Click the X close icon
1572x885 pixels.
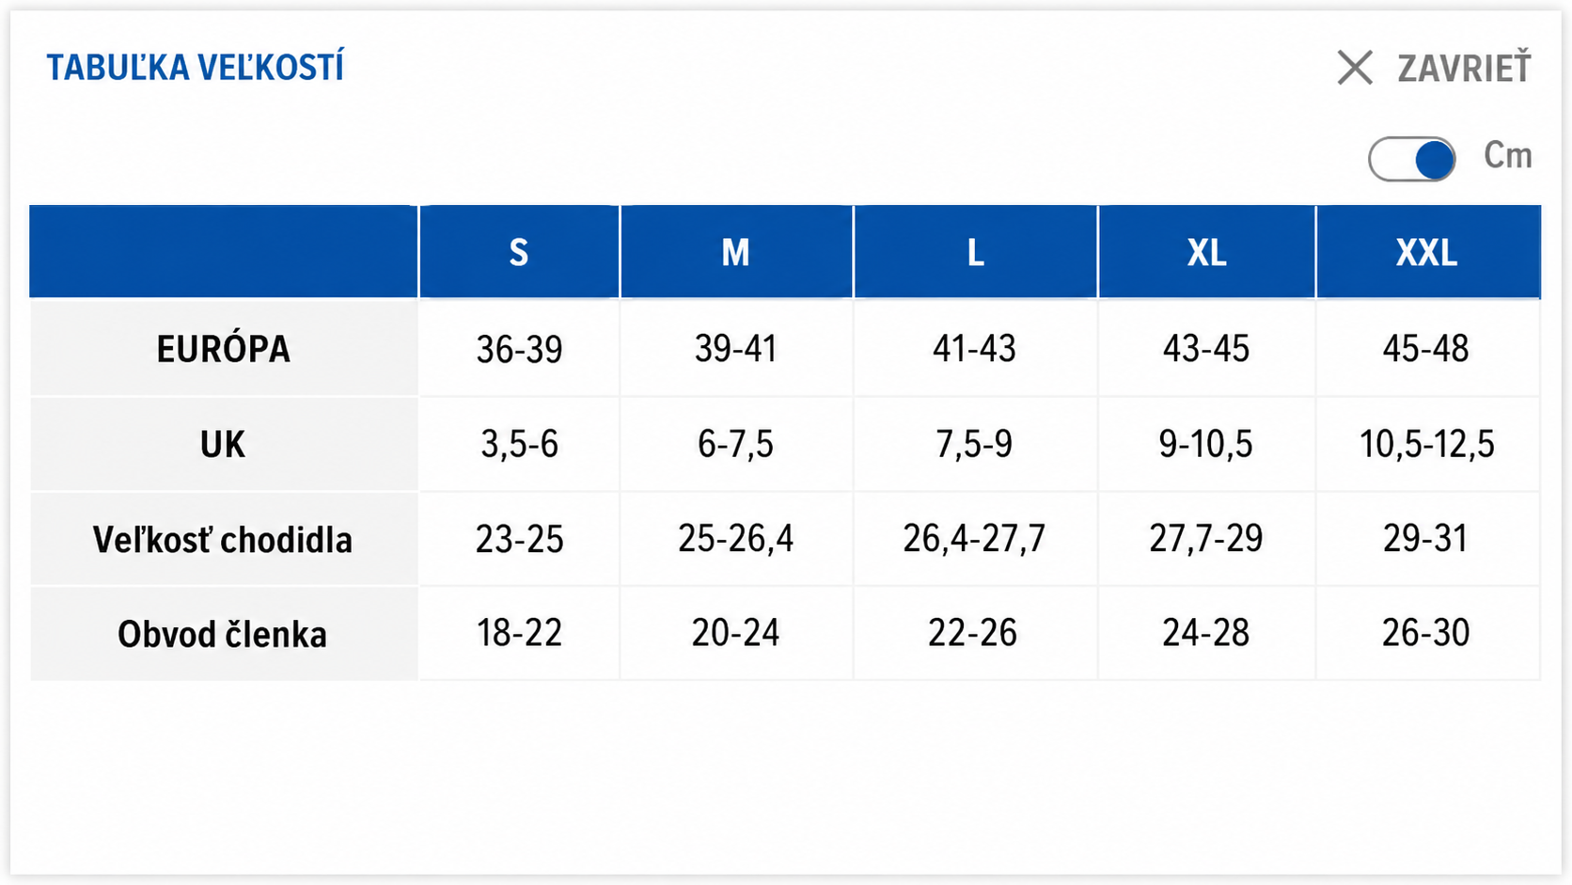(x=1355, y=68)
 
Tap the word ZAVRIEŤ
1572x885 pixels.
(x=1464, y=68)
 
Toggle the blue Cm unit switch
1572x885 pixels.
(x=1411, y=159)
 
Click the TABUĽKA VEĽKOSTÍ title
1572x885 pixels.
(x=196, y=68)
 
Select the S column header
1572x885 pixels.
(x=519, y=253)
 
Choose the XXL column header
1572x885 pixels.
(x=1426, y=253)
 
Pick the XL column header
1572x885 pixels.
(x=1206, y=253)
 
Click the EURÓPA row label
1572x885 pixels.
(x=223, y=349)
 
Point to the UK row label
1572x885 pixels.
(x=223, y=444)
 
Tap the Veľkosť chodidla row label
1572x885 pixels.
(x=223, y=540)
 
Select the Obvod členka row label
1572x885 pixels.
(x=223, y=634)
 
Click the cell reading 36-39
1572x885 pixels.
(x=519, y=349)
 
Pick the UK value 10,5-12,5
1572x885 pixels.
(x=1426, y=444)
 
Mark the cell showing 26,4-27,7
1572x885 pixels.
(x=974, y=539)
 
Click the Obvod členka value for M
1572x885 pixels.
(x=735, y=633)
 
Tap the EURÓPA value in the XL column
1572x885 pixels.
(x=1206, y=349)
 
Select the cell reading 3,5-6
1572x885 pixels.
(x=519, y=444)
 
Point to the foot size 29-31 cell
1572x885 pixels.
(x=1425, y=539)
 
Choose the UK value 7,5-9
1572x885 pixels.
(x=974, y=444)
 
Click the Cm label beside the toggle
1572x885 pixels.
(x=1507, y=155)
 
